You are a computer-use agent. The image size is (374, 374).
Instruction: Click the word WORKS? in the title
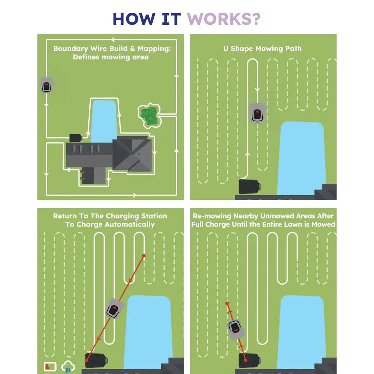tap(223, 19)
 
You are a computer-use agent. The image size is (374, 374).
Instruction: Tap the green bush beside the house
tap(150, 115)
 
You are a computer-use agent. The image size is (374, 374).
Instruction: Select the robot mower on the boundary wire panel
tap(46, 86)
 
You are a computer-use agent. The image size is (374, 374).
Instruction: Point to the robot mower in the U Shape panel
tap(258, 113)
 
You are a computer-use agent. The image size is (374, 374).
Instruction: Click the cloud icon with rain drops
tap(68, 366)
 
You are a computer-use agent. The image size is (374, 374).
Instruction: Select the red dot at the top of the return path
tap(144, 256)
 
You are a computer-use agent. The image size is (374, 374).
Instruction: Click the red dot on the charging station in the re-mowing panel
tap(245, 360)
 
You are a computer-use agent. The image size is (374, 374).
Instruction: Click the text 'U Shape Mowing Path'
tap(262, 49)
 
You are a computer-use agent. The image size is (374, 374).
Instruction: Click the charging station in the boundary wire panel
tap(76, 138)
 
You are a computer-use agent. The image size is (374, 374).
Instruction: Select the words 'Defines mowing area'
tap(111, 57)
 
